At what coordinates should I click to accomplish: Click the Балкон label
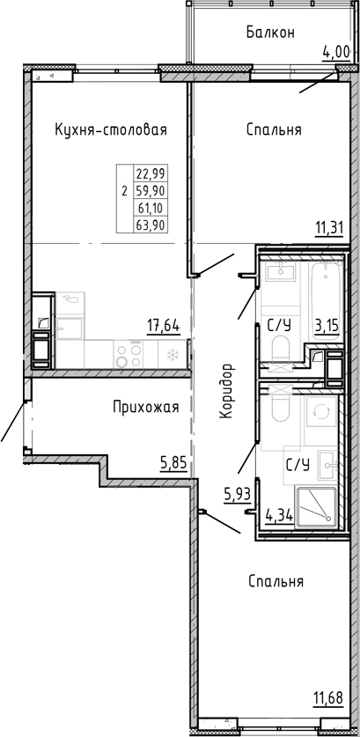[x=269, y=33]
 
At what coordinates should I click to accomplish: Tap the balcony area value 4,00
[x=336, y=51]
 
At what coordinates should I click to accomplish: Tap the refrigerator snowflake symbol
[x=172, y=355]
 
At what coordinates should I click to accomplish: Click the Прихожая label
[x=145, y=407]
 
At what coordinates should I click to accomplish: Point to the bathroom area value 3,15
[x=327, y=328]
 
